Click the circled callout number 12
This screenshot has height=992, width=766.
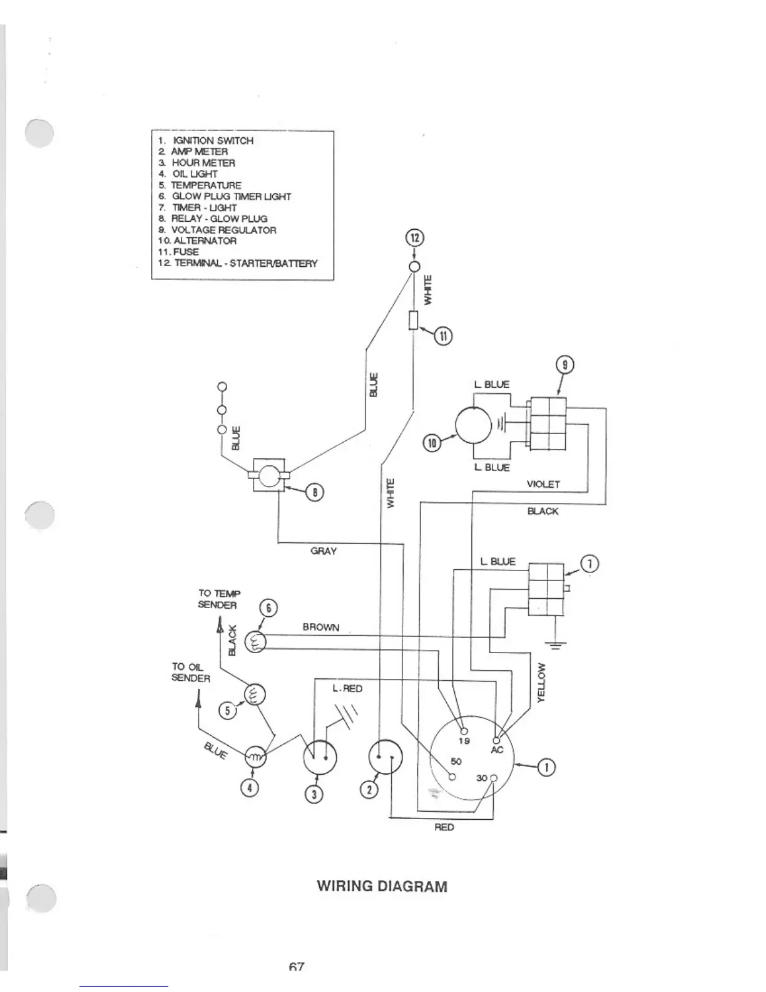414,238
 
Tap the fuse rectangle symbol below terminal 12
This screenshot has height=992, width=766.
413,320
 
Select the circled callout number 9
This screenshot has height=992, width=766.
564,364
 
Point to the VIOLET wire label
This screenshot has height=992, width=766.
543,484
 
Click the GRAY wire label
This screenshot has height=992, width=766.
324,551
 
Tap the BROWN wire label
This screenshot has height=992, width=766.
320,627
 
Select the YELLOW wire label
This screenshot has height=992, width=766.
542,683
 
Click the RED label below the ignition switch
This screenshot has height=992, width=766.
444,827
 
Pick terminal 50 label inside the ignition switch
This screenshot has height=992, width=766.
456,762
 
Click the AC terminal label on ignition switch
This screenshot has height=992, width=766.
496,750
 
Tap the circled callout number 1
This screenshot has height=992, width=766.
546,767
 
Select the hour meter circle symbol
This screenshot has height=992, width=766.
319,758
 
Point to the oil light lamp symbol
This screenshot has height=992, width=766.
255,757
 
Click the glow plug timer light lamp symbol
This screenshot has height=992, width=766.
255,641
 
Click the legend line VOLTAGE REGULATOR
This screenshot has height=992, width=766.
223,230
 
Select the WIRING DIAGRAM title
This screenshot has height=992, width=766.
382,887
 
